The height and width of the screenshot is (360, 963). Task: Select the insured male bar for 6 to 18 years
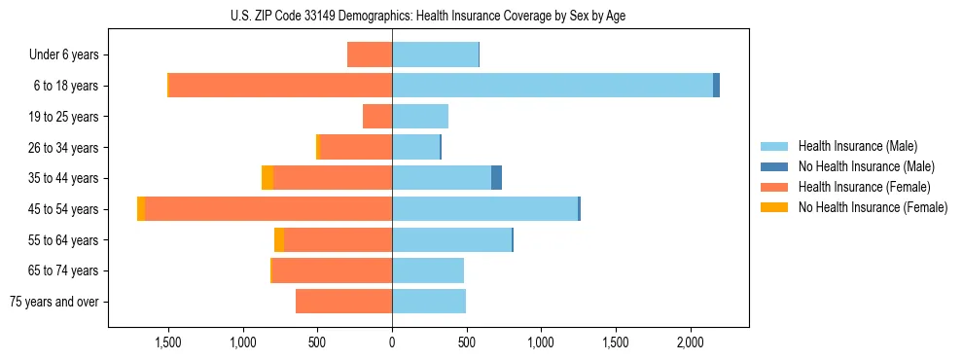pyautogui.click(x=552, y=86)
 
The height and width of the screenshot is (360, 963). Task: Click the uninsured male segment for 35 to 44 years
pyautogui.click(x=496, y=178)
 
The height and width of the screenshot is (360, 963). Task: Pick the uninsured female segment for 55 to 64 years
pyautogui.click(x=279, y=240)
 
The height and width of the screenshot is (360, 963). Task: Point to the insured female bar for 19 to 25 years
pyautogui.click(x=377, y=117)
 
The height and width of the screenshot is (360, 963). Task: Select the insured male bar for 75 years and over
pyautogui.click(x=429, y=302)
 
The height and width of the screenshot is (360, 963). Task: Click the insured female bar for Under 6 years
pyautogui.click(x=370, y=54)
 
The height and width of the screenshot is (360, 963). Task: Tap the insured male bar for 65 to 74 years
pyautogui.click(x=428, y=270)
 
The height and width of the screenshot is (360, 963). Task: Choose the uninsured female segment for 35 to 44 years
pyautogui.click(x=267, y=178)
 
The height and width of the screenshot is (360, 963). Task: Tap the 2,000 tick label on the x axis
pyautogui.click(x=690, y=342)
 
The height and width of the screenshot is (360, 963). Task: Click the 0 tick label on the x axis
pyautogui.click(x=392, y=342)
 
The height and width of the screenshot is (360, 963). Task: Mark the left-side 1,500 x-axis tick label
pyautogui.click(x=168, y=342)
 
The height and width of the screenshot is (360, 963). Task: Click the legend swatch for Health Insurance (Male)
pyautogui.click(x=774, y=146)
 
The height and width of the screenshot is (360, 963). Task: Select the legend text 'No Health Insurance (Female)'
pyautogui.click(x=873, y=207)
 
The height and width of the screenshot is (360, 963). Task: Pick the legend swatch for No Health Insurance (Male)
pyautogui.click(x=774, y=166)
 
